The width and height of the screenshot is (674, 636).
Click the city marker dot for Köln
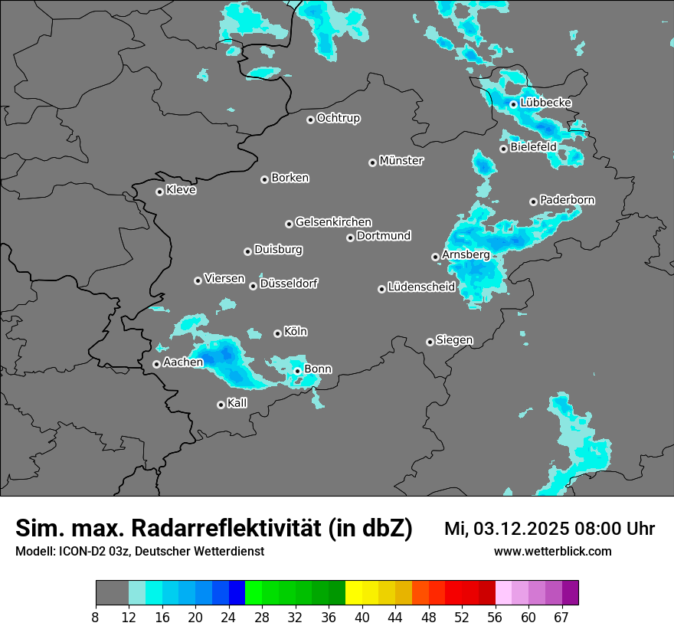click(277, 333)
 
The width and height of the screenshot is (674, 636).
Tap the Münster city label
click(401, 161)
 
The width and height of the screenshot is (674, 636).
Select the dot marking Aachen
click(156, 364)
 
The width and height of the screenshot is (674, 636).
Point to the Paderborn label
click(568, 200)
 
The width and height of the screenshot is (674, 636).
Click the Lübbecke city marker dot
click(513, 104)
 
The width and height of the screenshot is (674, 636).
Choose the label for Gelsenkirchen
click(333, 222)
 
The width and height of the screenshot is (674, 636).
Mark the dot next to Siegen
click(430, 342)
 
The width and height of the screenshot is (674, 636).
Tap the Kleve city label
click(181, 190)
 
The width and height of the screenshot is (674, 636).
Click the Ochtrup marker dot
click(310, 120)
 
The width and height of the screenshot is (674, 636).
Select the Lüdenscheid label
click(421, 287)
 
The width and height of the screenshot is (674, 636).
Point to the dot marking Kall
click(221, 405)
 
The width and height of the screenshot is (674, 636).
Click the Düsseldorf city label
click(289, 284)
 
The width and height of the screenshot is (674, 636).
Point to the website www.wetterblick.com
click(552, 551)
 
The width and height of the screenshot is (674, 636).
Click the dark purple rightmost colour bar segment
click(570, 593)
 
